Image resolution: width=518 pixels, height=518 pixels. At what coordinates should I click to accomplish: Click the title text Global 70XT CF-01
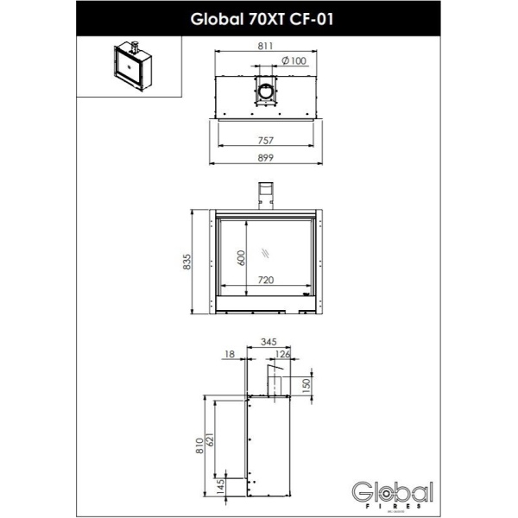tap(259, 16)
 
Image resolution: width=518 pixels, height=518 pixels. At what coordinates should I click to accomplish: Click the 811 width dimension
tap(266, 49)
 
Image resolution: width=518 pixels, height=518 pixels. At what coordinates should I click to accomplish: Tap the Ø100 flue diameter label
tap(294, 60)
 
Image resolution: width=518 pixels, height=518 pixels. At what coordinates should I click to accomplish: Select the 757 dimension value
tap(266, 141)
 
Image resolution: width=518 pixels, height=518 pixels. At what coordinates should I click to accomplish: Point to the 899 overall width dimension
tap(266, 158)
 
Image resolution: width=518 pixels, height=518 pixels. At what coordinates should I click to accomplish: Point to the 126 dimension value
tap(283, 353)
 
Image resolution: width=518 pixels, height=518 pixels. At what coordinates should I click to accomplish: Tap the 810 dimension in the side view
tap(199, 445)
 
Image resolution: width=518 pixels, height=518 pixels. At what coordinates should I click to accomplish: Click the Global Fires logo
tap(392, 493)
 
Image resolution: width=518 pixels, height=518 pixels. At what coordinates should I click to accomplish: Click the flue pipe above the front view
tap(266, 194)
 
